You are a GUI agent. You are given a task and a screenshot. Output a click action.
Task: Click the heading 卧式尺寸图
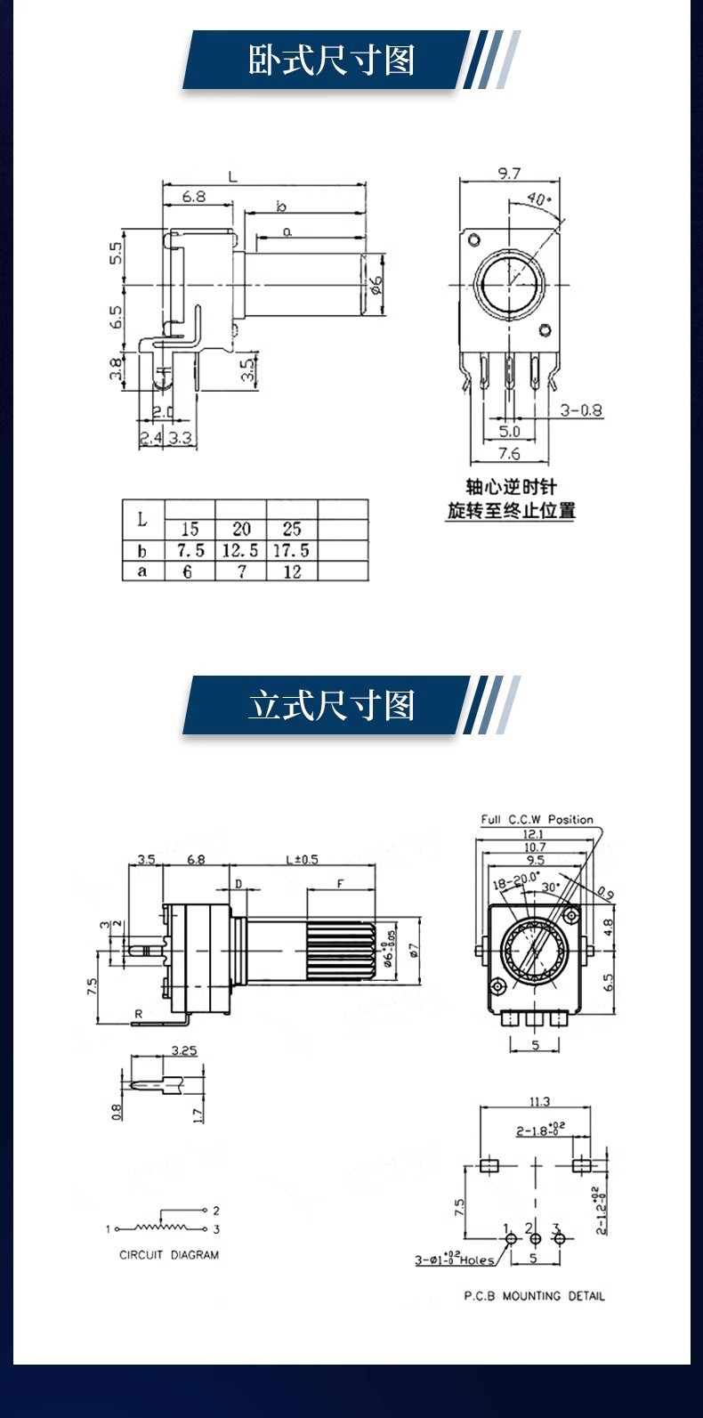point(331,61)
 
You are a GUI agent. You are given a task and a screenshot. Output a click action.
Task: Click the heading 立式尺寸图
point(331,706)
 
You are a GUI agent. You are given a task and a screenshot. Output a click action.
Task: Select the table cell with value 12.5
point(241,551)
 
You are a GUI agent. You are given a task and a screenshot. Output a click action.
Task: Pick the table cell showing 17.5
point(292,551)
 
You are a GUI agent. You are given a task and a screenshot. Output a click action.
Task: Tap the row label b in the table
point(142,551)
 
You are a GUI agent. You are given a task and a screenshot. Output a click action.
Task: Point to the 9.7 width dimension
point(509,174)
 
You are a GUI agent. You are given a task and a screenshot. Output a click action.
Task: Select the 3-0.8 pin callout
point(581,410)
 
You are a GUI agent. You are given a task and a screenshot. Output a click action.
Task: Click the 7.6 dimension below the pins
point(509,454)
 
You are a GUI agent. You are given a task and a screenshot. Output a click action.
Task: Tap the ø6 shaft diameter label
point(376,284)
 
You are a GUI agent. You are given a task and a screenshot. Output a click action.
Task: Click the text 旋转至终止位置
point(511,511)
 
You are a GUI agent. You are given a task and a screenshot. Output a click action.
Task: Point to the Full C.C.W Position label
point(537,819)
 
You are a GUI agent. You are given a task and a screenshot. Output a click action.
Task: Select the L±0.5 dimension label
point(301,859)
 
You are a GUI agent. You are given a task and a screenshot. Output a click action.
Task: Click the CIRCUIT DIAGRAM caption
point(169,1255)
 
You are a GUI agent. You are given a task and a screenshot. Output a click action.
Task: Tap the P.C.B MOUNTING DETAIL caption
point(534,1296)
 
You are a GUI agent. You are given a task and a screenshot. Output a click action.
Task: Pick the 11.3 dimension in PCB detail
point(539,1102)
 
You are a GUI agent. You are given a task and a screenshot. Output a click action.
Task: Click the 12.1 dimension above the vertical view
point(533,834)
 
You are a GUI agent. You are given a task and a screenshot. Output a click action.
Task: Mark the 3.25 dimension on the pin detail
point(183,1050)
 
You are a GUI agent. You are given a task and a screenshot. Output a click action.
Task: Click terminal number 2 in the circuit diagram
point(216,1211)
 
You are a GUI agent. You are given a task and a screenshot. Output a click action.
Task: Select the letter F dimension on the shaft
point(340,883)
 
